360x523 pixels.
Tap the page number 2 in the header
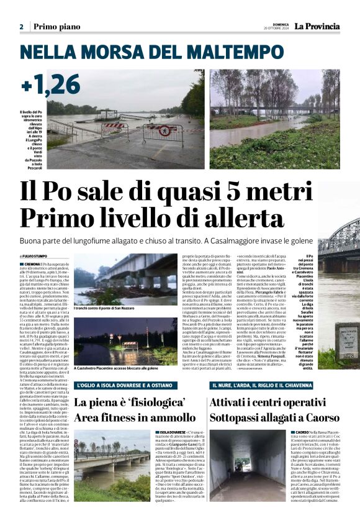click(21, 27)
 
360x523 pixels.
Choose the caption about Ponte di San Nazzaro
click(109, 307)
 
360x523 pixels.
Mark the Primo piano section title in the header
click(56, 27)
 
